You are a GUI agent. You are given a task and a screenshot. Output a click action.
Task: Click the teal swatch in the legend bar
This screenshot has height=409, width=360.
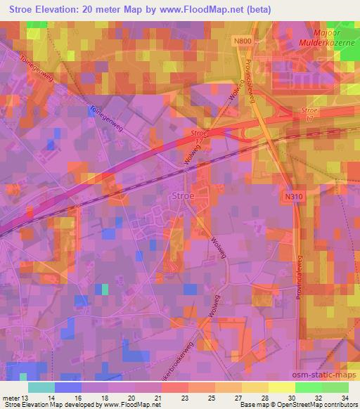(41, 387)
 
